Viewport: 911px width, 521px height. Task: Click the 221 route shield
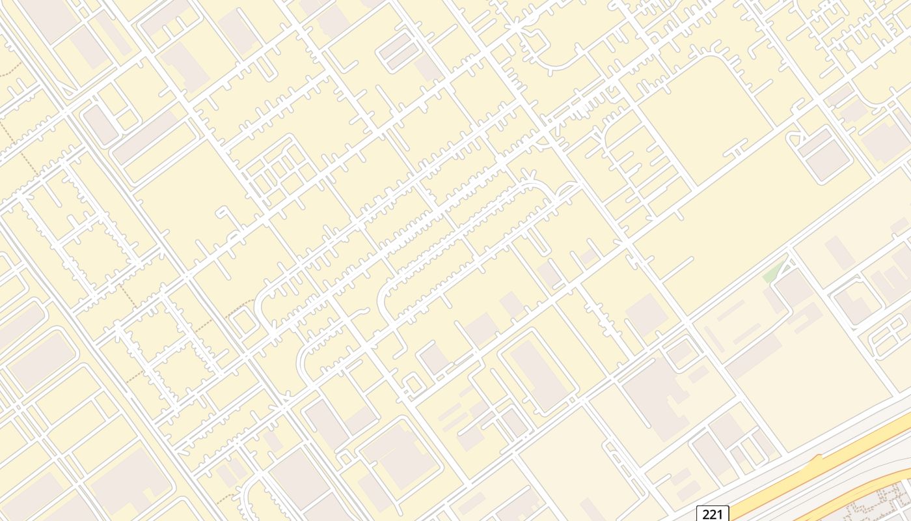click(x=713, y=514)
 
